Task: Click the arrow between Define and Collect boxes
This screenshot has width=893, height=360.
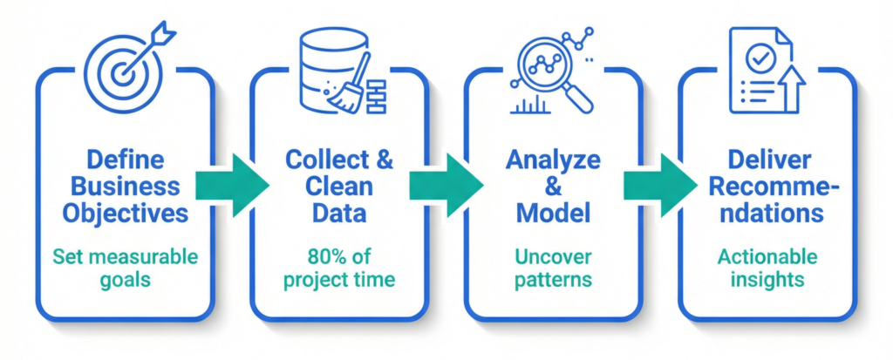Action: pyautogui.click(x=232, y=185)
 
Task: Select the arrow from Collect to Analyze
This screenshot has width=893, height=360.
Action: pyautogui.click(x=446, y=185)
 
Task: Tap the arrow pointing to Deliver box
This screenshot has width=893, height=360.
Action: pyautogui.click(x=660, y=185)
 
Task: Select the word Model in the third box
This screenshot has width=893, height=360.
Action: pyautogui.click(x=553, y=211)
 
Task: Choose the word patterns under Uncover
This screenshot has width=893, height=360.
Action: pyautogui.click(x=553, y=281)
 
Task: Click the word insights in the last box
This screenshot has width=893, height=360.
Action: pyautogui.click(x=767, y=281)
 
